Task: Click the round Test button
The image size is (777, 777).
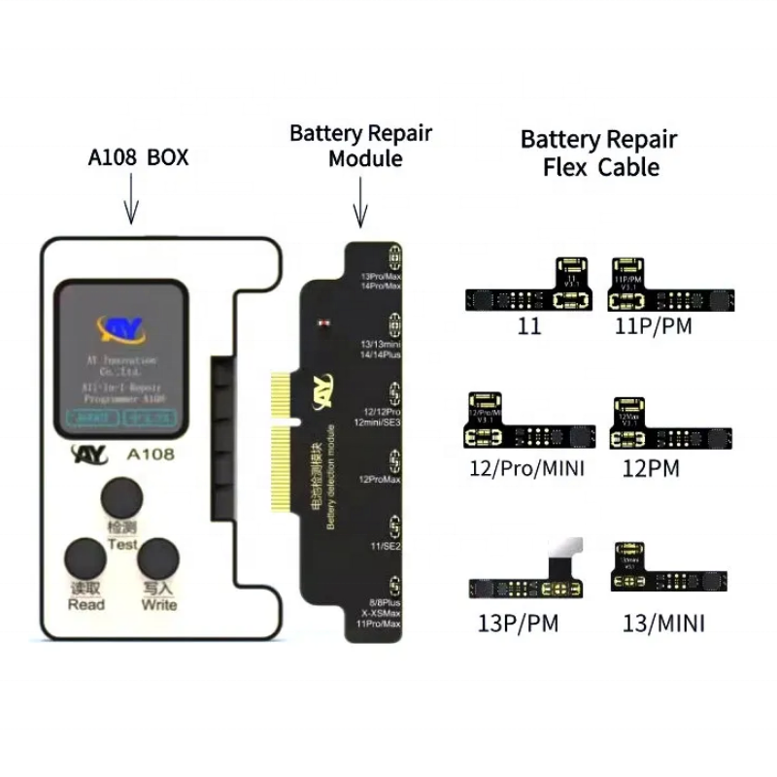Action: (x=123, y=497)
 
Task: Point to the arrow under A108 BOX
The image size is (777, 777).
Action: (x=131, y=206)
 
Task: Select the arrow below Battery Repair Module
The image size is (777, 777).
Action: (x=360, y=203)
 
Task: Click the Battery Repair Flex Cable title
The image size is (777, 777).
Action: (x=599, y=152)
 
